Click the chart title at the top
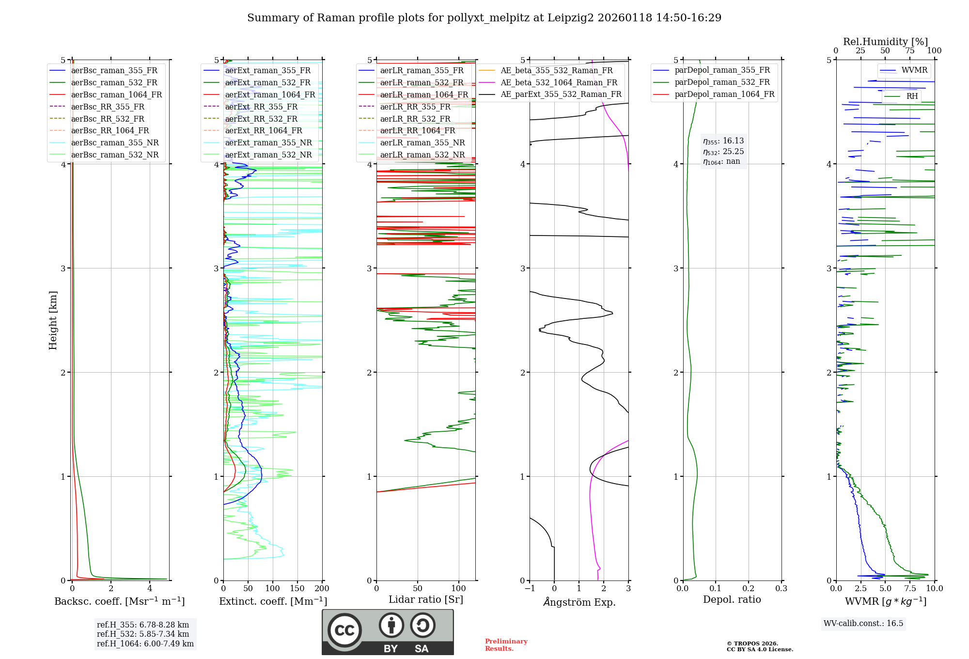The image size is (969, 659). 484,18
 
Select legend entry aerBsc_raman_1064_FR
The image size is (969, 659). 116,94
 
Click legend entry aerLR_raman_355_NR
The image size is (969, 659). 422,142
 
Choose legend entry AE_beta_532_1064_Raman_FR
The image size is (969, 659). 559,82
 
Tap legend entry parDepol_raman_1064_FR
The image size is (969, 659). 724,94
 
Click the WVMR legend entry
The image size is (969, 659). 914,70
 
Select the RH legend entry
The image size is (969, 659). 912,96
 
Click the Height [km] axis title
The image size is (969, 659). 53,320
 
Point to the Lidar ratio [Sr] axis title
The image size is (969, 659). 425,599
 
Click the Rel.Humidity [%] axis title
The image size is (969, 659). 885,42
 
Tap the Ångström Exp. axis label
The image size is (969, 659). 579,602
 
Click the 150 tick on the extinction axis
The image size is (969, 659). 297,589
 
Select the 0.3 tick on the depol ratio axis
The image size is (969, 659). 781,589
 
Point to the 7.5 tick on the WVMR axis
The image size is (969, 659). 910,589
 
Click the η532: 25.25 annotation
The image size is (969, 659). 723,152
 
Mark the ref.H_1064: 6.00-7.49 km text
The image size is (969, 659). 145,643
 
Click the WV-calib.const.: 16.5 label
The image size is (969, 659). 863,623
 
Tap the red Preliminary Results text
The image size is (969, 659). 506,644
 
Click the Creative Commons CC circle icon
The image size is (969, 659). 344,630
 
